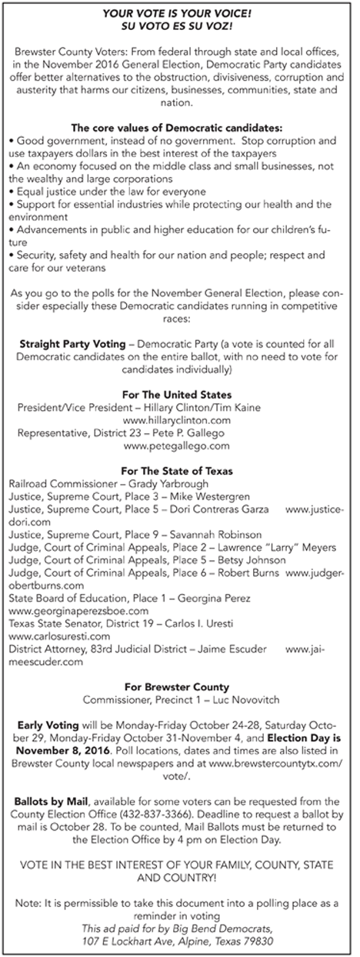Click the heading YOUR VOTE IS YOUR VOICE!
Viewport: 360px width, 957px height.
[179, 12]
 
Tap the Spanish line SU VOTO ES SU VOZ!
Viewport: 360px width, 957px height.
[179, 25]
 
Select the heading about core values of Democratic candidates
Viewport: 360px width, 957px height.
[179, 127]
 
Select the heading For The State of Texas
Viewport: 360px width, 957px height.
[179, 470]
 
